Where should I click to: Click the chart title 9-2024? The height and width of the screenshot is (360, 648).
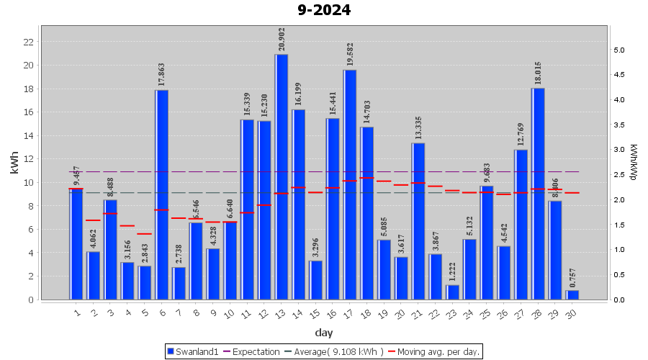coord(323,11)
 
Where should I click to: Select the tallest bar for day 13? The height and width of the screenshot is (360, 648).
coord(282,176)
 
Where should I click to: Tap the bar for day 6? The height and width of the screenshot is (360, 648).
coord(162,194)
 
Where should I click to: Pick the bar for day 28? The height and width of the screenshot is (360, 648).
coord(538,194)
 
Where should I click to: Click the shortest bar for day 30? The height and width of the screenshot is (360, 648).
coord(572,295)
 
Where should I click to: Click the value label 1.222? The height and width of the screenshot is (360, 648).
coord(453,271)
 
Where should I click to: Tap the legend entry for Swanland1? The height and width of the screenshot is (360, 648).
coord(193,351)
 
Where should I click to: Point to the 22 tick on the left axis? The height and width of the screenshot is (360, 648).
coord(29,42)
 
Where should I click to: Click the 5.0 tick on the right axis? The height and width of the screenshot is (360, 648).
coord(618,50)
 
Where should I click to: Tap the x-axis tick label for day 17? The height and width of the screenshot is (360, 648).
coord(349,313)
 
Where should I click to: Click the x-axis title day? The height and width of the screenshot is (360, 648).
coord(323,332)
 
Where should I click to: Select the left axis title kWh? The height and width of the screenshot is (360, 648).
coord(15,164)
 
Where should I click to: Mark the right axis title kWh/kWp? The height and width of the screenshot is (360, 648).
coord(634,164)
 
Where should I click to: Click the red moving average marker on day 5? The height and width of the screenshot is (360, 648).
coord(145,234)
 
